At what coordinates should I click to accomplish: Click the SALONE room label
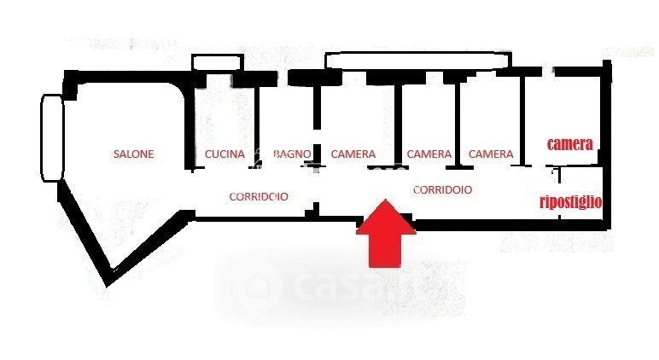(x=134, y=154)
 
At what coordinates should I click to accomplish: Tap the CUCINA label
(x=225, y=154)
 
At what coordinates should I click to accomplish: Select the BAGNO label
(x=292, y=154)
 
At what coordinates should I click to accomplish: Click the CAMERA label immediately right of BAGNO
(x=353, y=154)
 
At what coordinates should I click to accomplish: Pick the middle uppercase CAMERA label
(x=429, y=154)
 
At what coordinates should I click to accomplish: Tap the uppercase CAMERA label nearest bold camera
(x=491, y=154)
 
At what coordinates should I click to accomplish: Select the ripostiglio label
(x=571, y=202)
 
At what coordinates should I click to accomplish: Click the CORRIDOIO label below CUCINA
(x=258, y=196)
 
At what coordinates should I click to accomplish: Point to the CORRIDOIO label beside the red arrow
(x=442, y=190)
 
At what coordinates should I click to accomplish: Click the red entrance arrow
(x=387, y=235)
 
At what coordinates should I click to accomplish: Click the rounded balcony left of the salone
(x=51, y=137)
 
